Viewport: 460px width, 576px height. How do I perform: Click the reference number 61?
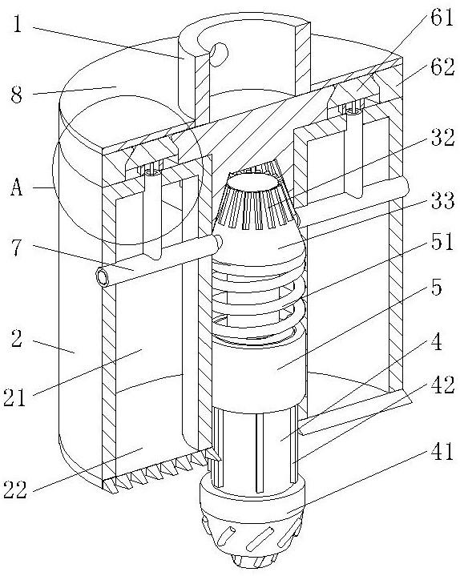(442, 18)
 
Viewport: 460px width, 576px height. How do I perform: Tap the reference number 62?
(443, 67)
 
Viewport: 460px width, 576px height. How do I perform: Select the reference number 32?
(442, 138)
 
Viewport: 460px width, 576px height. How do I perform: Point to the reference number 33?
(442, 200)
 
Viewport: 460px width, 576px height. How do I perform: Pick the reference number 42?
(442, 385)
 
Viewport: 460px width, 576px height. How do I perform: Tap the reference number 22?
(15, 489)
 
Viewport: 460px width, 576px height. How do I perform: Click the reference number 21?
(14, 397)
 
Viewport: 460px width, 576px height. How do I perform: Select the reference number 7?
(17, 248)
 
